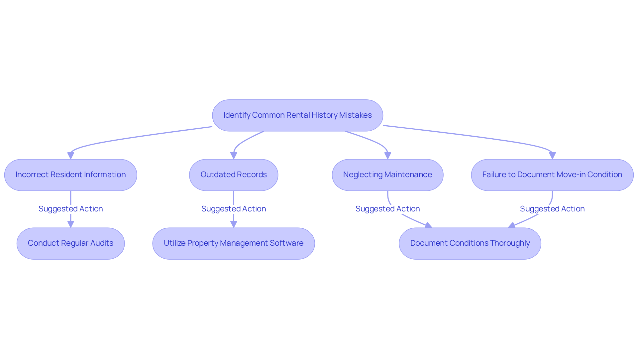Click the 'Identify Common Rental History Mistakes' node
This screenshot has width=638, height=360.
[x=297, y=115]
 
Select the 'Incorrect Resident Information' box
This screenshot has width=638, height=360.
[x=71, y=175]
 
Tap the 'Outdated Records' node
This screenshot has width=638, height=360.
[x=234, y=175]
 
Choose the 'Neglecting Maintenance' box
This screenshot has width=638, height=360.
[x=387, y=175]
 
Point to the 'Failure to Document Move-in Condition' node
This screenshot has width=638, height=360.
[x=552, y=175]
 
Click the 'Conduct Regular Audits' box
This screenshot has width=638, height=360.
[x=71, y=243]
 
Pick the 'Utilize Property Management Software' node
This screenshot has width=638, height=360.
[x=234, y=243]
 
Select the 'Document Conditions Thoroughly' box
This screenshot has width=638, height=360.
[x=470, y=243]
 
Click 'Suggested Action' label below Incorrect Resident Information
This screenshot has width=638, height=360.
[x=71, y=209]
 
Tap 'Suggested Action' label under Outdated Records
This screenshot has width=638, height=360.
[x=234, y=209]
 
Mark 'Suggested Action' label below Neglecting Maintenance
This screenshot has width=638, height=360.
[x=387, y=209]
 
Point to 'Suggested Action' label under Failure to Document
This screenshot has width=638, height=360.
[x=552, y=209]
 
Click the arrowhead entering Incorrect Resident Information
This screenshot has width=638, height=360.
[x=71, y=156]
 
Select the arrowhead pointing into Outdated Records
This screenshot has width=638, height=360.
[x=234, y=156]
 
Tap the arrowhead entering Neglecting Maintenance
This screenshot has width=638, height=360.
[x=387, y=156]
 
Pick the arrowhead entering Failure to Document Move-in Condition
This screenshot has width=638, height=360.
[x=552, y=156]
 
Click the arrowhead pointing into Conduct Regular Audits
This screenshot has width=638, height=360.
[x=71, y=224]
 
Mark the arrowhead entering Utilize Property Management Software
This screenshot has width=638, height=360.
[x=234, y=224]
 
